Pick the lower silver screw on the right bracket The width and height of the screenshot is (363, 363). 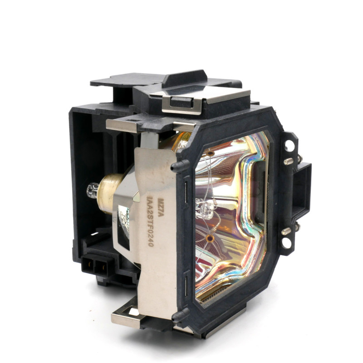point(286,231)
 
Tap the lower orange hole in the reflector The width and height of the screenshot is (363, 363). point(210,237)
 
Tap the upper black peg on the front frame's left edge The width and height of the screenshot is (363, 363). point(175,166)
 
